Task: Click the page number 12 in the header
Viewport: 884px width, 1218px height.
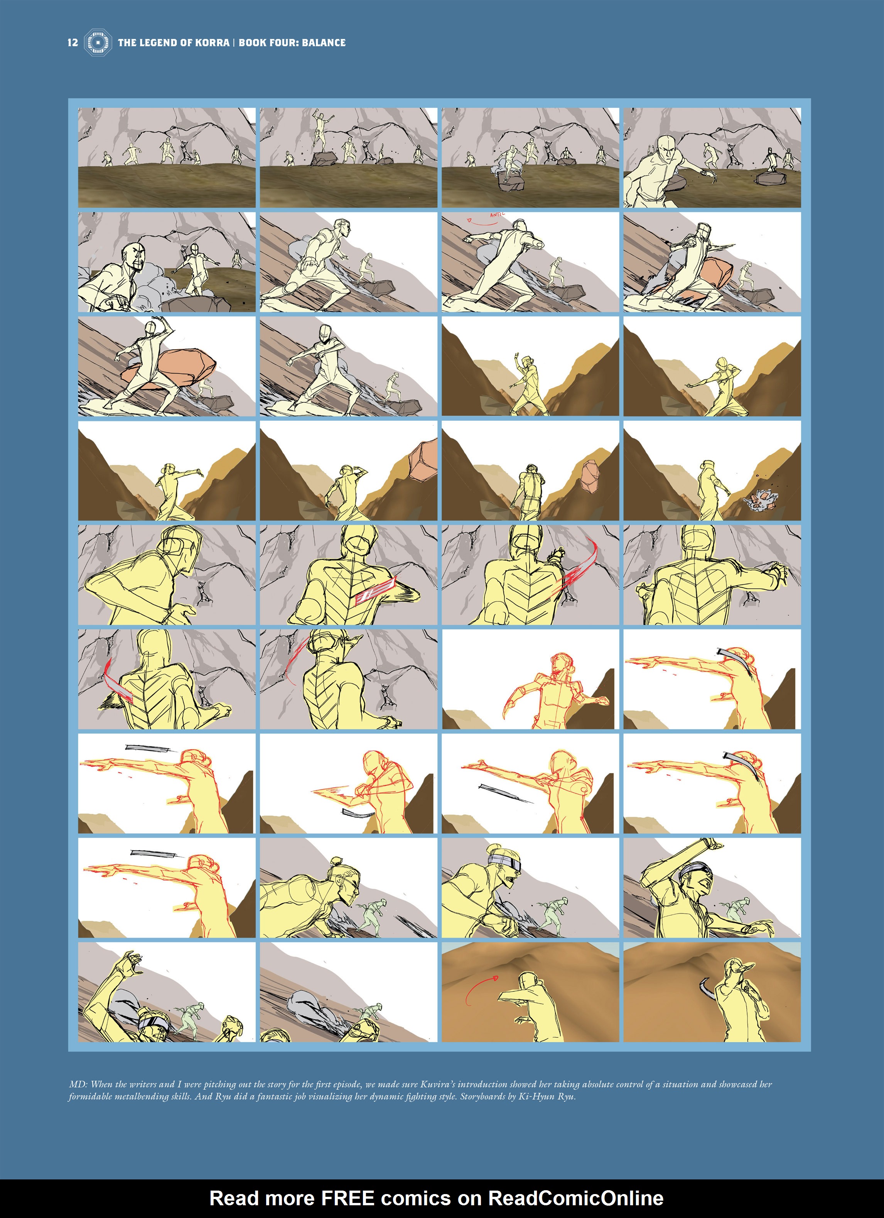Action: click(73, 42)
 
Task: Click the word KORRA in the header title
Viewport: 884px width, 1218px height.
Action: click(212, 42)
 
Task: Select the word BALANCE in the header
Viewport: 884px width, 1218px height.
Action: click(324, 42)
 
